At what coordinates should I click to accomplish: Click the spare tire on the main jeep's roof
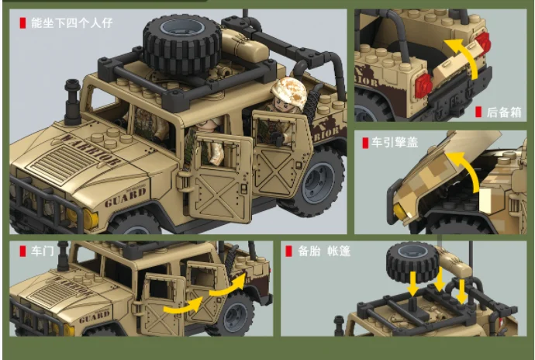pyautogui.click(x=181, y=43)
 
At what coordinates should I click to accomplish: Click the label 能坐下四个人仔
pyautogui.click(x=71, y=22)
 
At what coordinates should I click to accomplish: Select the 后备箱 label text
pyautogui.click(x=504, y=112)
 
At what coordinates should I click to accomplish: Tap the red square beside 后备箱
pyautogui.click(x=478, y=112)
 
